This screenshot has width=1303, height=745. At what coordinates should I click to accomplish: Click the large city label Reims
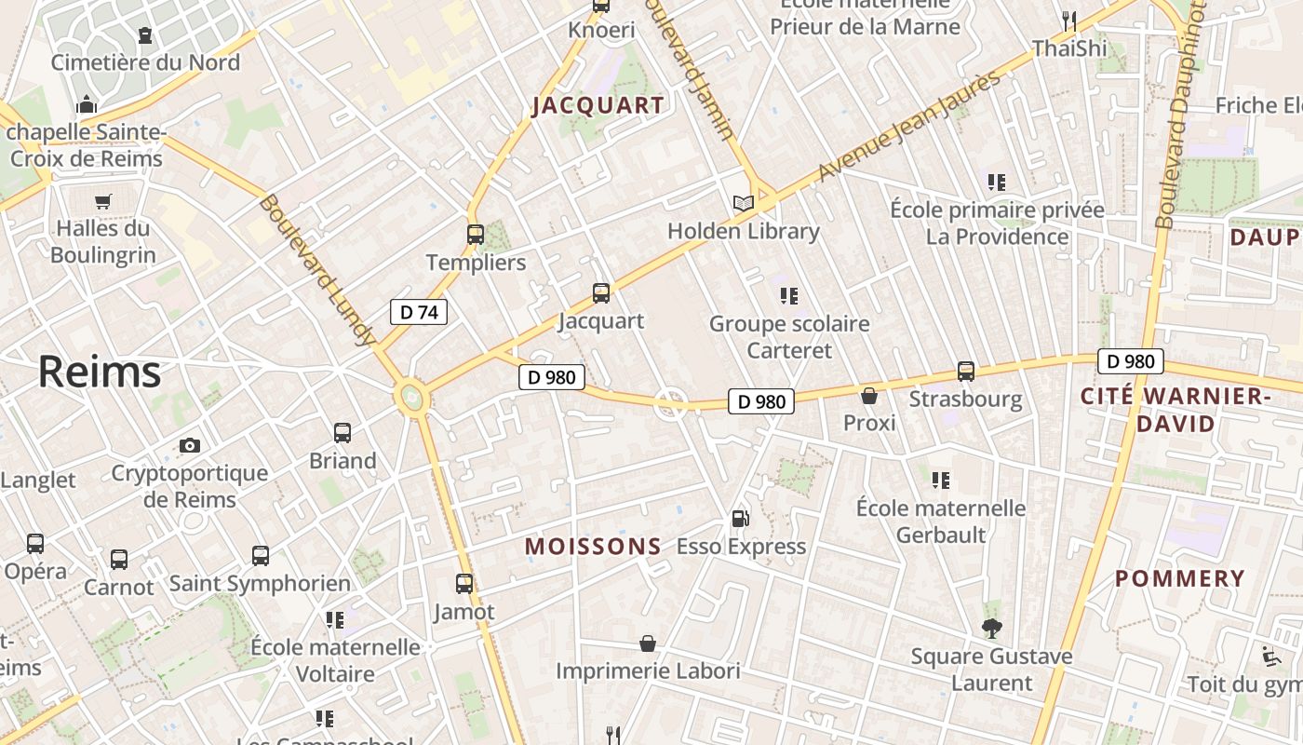pyautogui.click(x=100, y=372)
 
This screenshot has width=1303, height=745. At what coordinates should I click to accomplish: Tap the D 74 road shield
pyautogui.click(x=418, y=312)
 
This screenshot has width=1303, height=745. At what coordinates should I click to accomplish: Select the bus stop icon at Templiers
pyautogui.click(x=476, y=235)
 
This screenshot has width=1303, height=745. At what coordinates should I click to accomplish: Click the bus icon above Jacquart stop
pyautogui.click(x=601, y=293)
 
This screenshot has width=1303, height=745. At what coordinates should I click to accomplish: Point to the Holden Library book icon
pyautogui.click(x=743, y=203)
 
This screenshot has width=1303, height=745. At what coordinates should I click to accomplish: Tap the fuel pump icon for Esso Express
pyautogui.click(x=741, y=519)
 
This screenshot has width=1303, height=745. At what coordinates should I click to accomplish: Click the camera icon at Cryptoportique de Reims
pyautogui.click(x=190, y=445)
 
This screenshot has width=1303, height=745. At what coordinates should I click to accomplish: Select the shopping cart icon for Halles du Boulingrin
pyautogui.click(x=103, y=201)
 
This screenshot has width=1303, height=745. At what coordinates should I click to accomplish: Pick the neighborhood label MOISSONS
pyautogui.click(x=593, y=547)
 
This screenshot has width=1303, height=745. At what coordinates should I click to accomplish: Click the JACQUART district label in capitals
pyautogui.click(x=598, y=106)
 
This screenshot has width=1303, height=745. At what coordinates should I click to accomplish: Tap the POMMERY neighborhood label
pyautogui.click(x=1180, y=578)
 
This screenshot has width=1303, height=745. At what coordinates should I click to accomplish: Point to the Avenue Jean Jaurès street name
pyautogui.click(x=910, y=127)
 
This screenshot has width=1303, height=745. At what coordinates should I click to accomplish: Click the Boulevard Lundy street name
pyautogui.click(x=317, y=270)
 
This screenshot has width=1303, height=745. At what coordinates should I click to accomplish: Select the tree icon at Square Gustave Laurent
pyautogui.click(x=991, y=629)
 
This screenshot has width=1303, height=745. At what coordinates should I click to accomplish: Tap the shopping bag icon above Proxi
pyautogui.click(x=869, y=396)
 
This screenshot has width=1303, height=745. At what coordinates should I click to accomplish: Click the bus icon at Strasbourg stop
pyautogui.click(x=966, y=372)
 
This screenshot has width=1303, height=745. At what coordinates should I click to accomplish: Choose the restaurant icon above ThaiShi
pyautogui.click(x=1068, y=20)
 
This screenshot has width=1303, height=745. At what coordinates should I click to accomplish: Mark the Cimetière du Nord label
pyautogui.click(x=145, y=62)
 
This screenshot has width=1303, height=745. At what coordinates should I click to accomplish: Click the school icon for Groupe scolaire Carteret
pyautogui.click(x=789, y=296)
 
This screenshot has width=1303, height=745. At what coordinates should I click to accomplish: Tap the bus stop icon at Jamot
pyautogui.click(x=464, y=584)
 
